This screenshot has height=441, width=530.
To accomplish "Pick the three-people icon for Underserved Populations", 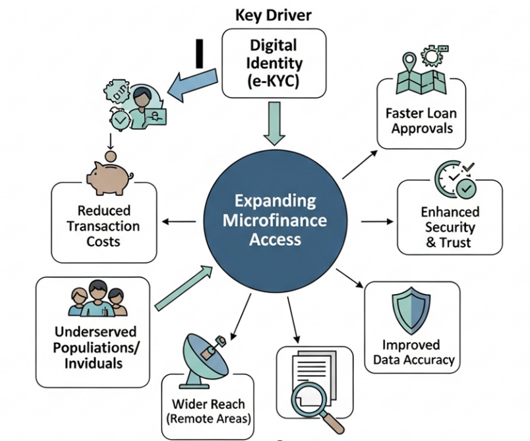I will point(97,300).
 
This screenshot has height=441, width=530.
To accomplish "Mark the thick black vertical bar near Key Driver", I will point(198,54).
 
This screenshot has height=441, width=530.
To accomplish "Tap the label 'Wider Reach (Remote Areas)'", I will point(208,411).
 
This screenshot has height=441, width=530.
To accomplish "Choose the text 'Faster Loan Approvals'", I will point(422,119).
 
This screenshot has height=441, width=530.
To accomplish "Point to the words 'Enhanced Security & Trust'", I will point(450,227).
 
